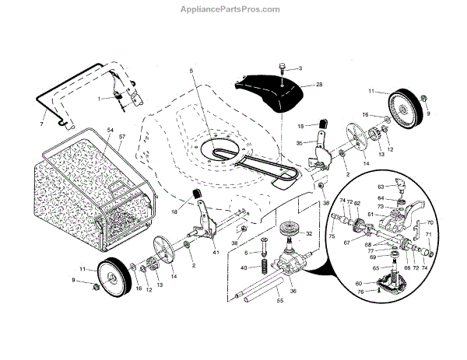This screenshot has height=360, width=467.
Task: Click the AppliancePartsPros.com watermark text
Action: tap(233, 9)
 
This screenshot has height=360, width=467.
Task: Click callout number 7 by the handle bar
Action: tap(41, 124)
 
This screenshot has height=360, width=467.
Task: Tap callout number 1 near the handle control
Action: tap(99, 99)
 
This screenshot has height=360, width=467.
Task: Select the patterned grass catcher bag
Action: tap(70, 194)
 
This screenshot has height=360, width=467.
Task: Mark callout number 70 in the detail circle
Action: tap(430, 223)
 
